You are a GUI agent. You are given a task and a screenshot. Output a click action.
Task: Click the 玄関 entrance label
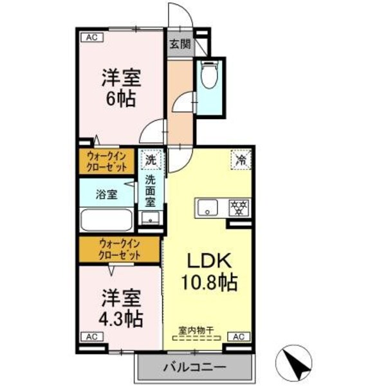pos(180,44)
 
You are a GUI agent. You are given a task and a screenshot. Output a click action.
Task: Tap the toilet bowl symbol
pos(208,76)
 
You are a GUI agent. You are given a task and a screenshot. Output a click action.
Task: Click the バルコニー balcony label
pos(194,369)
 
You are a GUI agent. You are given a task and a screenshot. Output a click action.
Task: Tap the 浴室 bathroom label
pos(107,194)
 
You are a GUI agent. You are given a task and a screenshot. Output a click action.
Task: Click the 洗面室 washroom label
pos(151,191)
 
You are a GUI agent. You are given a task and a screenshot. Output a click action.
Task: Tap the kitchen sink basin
pos(208,207)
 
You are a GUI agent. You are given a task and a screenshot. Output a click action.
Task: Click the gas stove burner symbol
pos(239,207)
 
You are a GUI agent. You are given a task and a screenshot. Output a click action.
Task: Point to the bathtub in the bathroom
pos(107,220)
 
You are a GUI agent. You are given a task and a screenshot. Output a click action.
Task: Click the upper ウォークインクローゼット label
pos(107,160)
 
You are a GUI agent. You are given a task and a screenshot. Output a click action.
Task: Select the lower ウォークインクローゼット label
pos(120,249)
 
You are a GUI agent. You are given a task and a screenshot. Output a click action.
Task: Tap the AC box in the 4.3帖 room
pos(91,336)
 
